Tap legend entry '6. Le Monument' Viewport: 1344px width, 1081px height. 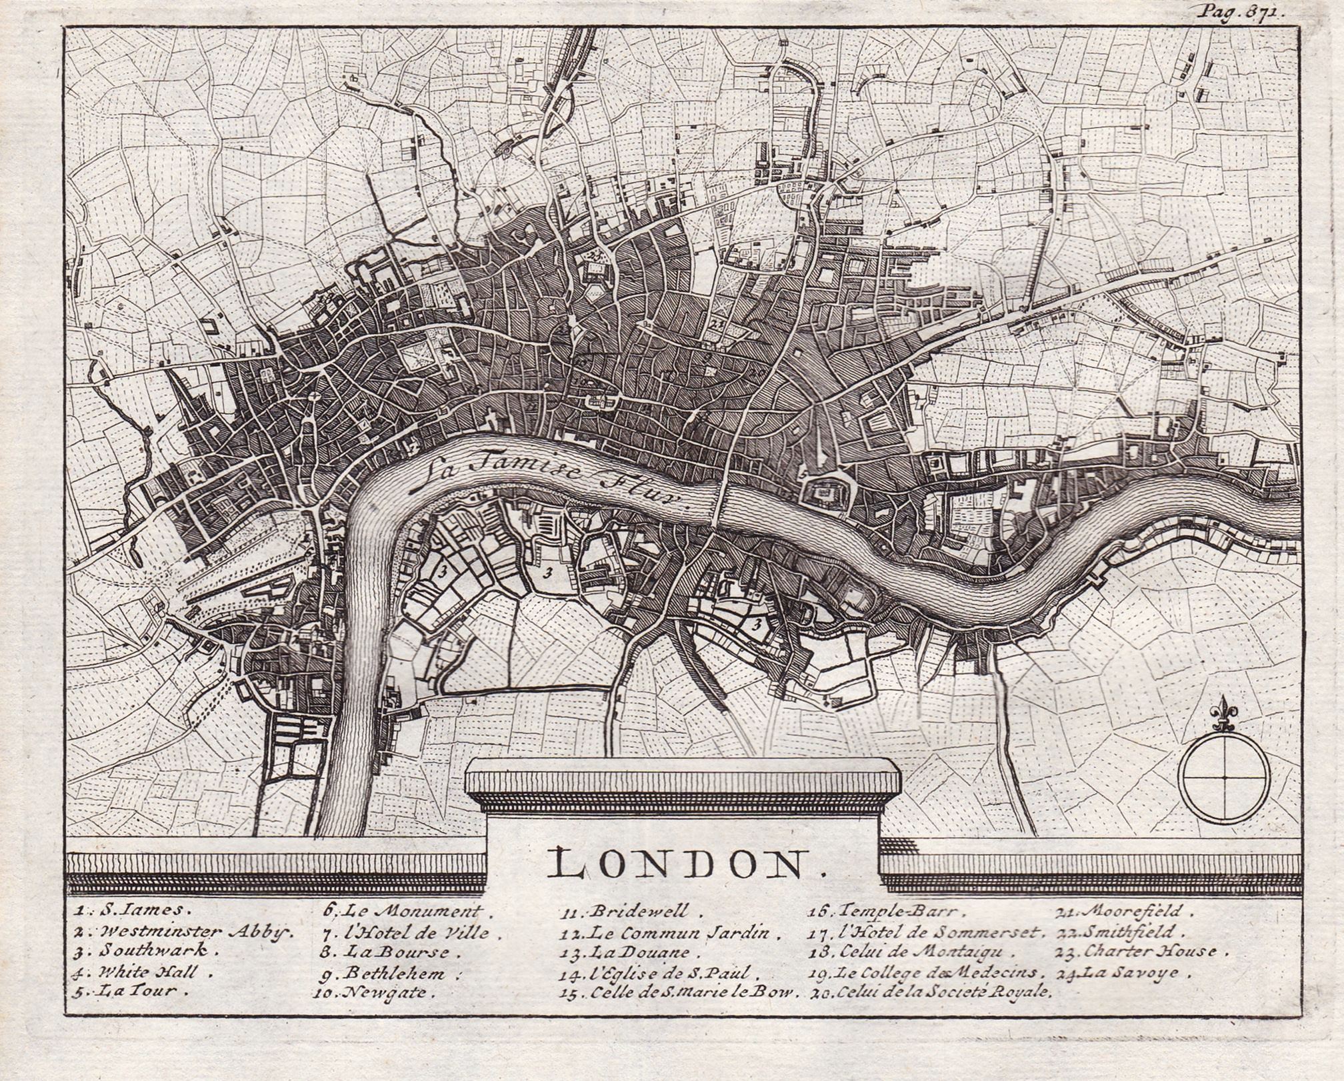click(x=403, y=910)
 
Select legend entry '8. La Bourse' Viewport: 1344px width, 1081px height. click(x=387, y=952)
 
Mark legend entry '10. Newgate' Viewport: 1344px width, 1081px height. click(x=373, y=992)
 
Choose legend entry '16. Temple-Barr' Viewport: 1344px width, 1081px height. click(x=873, y=910)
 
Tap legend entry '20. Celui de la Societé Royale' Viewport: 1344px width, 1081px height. click(x=930, y=992)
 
